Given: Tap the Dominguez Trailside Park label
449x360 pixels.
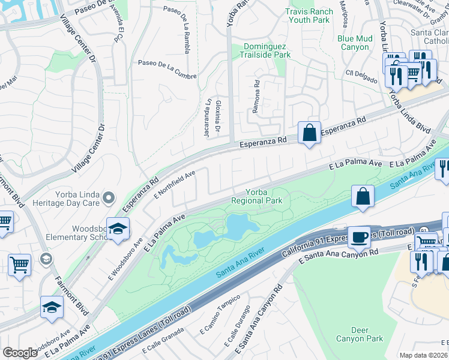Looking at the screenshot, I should point(267,50).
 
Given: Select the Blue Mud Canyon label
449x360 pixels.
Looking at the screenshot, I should point(354,43).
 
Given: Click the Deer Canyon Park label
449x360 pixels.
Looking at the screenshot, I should point(367,334).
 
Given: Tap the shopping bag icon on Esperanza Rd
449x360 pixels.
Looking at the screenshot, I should point(309,133).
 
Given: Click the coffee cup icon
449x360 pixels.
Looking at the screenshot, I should point(360,237).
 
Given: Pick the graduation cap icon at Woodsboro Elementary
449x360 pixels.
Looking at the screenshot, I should point(117,228).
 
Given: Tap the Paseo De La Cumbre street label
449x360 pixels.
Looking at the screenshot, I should point(163,62).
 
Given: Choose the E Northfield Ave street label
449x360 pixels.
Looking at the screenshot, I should point(175,184).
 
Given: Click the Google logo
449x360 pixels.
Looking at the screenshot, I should point(20,352).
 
